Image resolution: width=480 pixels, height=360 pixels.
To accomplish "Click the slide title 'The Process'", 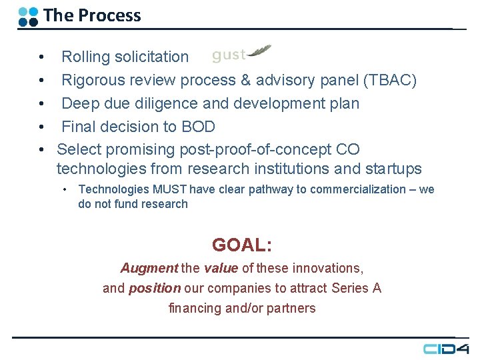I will [92, 15].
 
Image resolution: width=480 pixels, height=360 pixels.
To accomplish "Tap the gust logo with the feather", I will [241, 54].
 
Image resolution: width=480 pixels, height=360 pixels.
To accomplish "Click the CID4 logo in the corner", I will [445, 349].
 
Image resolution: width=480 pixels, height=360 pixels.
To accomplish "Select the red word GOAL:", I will [241, 245].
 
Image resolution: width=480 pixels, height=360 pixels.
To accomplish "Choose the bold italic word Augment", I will [149, 268].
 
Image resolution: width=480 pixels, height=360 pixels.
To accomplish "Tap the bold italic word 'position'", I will [155, 288].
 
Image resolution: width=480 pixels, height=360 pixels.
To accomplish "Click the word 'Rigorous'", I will [93, 81].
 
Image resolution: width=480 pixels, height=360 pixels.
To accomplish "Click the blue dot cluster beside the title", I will [28, 16].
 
